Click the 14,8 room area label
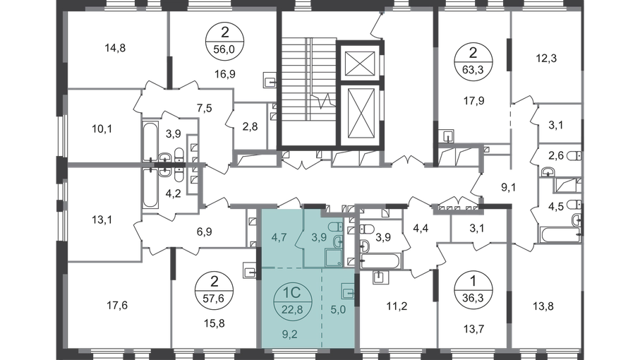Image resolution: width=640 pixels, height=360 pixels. click(115, 48)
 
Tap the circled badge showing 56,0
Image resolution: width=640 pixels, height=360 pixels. click(225, 41)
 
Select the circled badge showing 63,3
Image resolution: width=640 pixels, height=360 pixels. click(473, 61)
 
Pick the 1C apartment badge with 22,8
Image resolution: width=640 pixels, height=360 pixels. click(292, 301)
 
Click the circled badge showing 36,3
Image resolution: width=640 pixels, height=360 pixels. click(473, 289)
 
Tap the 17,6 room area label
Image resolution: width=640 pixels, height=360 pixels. click(117, 306)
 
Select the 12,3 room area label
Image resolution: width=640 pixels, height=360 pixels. click(546, 59)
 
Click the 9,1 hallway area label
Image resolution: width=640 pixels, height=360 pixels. click(509, 187)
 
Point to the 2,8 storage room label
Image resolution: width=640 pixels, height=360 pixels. click(250, 126)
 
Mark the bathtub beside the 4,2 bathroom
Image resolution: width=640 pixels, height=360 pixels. click(150, 188)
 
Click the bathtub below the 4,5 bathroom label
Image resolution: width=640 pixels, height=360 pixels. click(560, 235)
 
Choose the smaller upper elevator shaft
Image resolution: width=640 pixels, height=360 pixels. click(360, 64)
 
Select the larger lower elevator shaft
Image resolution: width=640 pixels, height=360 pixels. click(360, 114)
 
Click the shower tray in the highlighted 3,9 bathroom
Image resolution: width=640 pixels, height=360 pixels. click(334, 258)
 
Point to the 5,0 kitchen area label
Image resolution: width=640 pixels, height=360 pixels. click(338, 310)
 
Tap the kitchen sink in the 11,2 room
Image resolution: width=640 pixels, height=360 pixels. click(380, 277)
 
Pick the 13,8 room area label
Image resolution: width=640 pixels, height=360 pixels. click(543, 306)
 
